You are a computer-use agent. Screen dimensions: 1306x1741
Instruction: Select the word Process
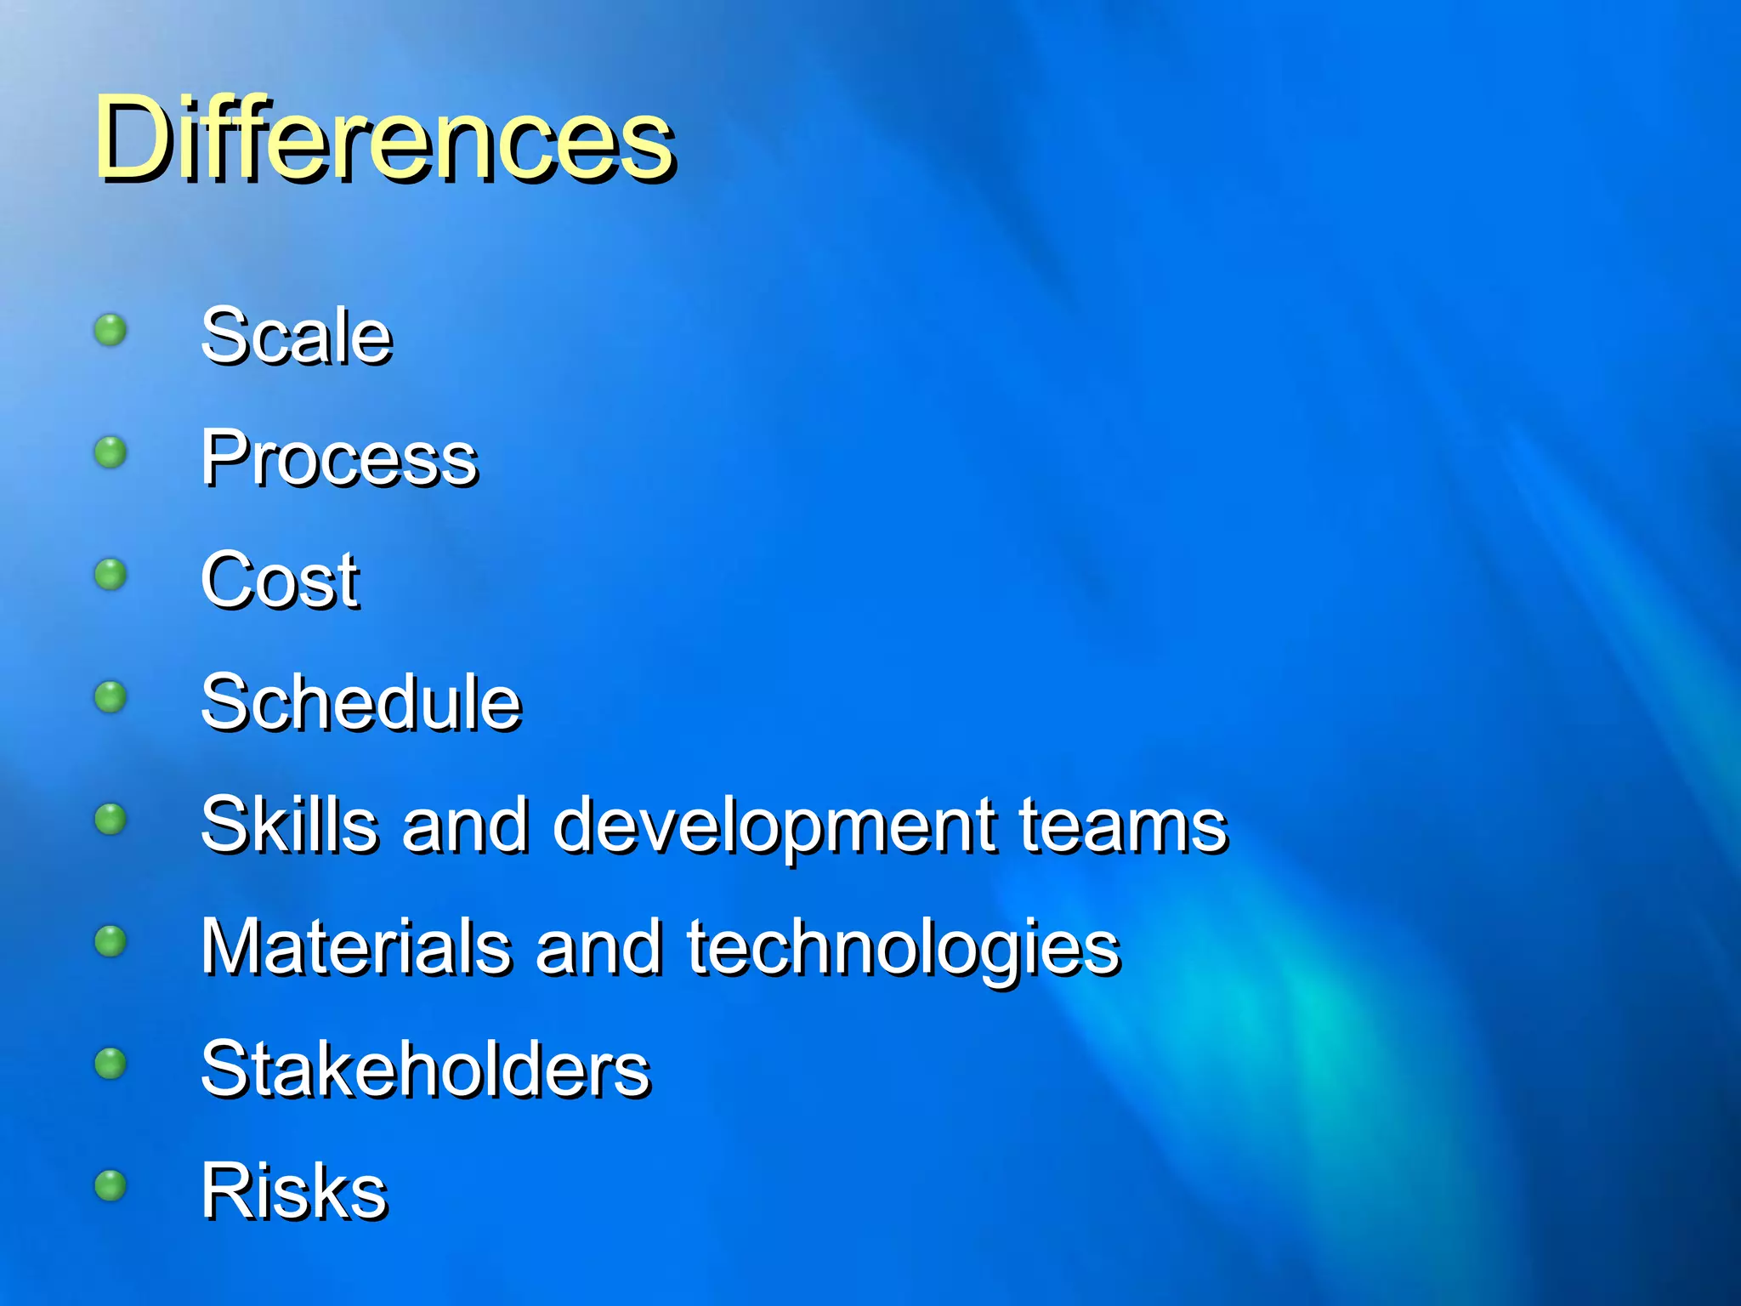339,459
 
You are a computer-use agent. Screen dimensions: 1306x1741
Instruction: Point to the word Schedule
360,702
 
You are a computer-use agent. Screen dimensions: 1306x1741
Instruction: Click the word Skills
289,824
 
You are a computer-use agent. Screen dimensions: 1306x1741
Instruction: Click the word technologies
903,949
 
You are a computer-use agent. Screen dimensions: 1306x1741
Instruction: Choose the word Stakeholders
425,1069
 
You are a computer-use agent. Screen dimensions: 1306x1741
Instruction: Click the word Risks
294,1191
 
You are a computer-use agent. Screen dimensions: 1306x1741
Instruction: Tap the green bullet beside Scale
111,330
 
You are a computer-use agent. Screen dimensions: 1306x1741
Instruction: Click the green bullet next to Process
111,452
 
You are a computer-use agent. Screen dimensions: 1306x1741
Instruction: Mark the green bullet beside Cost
111,575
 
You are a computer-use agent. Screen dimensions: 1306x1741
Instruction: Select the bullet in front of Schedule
111,697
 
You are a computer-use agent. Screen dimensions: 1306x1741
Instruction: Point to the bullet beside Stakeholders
111,1064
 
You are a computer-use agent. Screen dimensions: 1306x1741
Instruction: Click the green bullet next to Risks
111,1185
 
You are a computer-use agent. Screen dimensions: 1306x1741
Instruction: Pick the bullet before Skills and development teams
111,820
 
